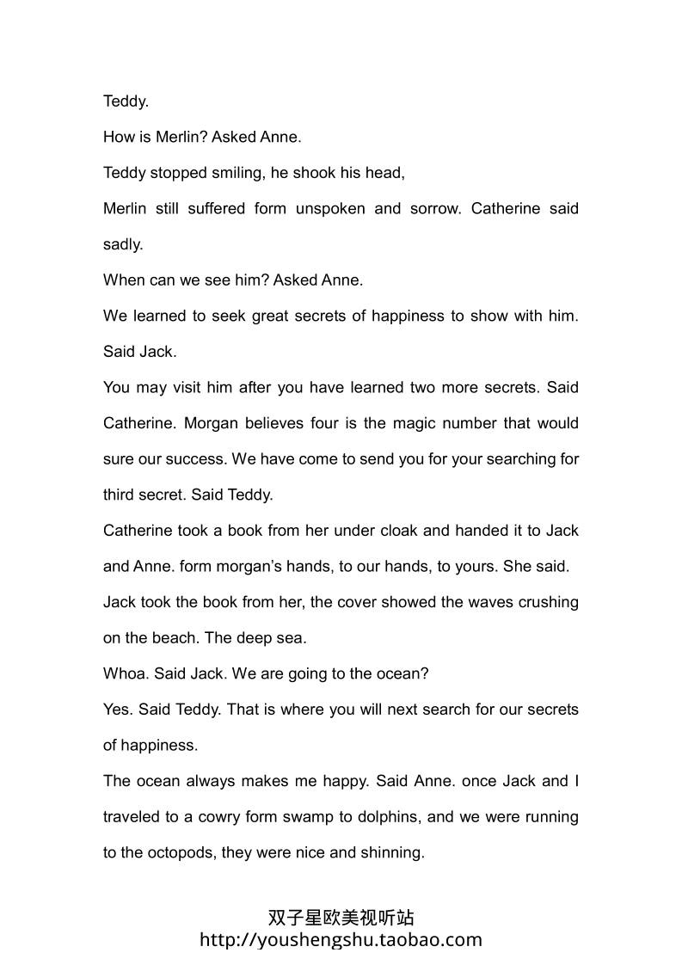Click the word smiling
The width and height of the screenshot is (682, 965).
tap(237, 173)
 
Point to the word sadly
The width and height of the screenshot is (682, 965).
tap(122, 244)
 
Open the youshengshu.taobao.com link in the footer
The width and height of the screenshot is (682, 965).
tap(341, 939)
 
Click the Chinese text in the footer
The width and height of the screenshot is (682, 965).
tap(341, 918)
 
